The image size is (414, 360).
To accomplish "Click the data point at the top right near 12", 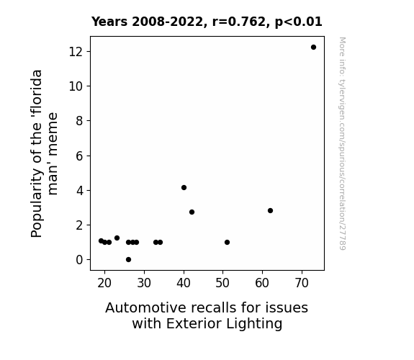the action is pos(313,48).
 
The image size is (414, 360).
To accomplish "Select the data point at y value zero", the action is pos(129,260).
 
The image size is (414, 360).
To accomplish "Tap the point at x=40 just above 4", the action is pos(184,187).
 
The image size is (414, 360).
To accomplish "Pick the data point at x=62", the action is pos(270,210).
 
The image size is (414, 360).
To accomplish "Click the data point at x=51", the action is pos(227,242).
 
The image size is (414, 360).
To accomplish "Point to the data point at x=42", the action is pos(192,212).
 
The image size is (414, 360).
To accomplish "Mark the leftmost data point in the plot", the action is pos(101,240).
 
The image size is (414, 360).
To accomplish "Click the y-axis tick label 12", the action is pos(76,52).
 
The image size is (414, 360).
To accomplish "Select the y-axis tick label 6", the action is pos(79,156).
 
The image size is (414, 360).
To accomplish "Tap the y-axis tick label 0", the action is pos(79,260).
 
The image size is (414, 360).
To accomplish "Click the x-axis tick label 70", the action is pos(302,283).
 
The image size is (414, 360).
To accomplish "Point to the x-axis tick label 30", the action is pos(144,283).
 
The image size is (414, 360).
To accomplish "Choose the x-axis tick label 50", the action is pos(222,283).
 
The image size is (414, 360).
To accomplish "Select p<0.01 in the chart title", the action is pos(299,22).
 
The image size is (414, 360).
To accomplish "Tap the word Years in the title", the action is pos(109,22).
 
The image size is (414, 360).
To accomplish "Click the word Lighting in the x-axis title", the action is pos(254,324).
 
